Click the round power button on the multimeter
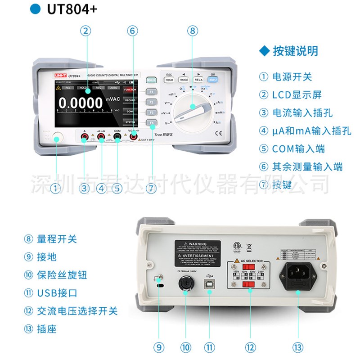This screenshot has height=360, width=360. pyautogui.click(x=56, y=138)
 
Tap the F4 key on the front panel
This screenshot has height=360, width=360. pyautogui.click(x=152, y=122)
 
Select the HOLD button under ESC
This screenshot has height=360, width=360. pyautogui.click(x=169, y=80)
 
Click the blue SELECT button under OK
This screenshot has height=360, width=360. pyautogui.click(x=213, y=80)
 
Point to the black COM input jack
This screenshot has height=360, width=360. pyautogui.click(x=117, y=139)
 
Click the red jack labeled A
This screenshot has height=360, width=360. pyautogui.click(x=84, y=139)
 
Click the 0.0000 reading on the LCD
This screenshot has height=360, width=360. pyautogui.click(x=81, y=103)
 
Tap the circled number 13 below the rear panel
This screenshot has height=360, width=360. pyautogui.click(x=297, y=347)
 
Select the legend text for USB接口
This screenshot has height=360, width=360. pyautogui.click(x=57, y=292)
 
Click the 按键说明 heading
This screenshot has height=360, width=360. pyautogui.click(x=295, y=51)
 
